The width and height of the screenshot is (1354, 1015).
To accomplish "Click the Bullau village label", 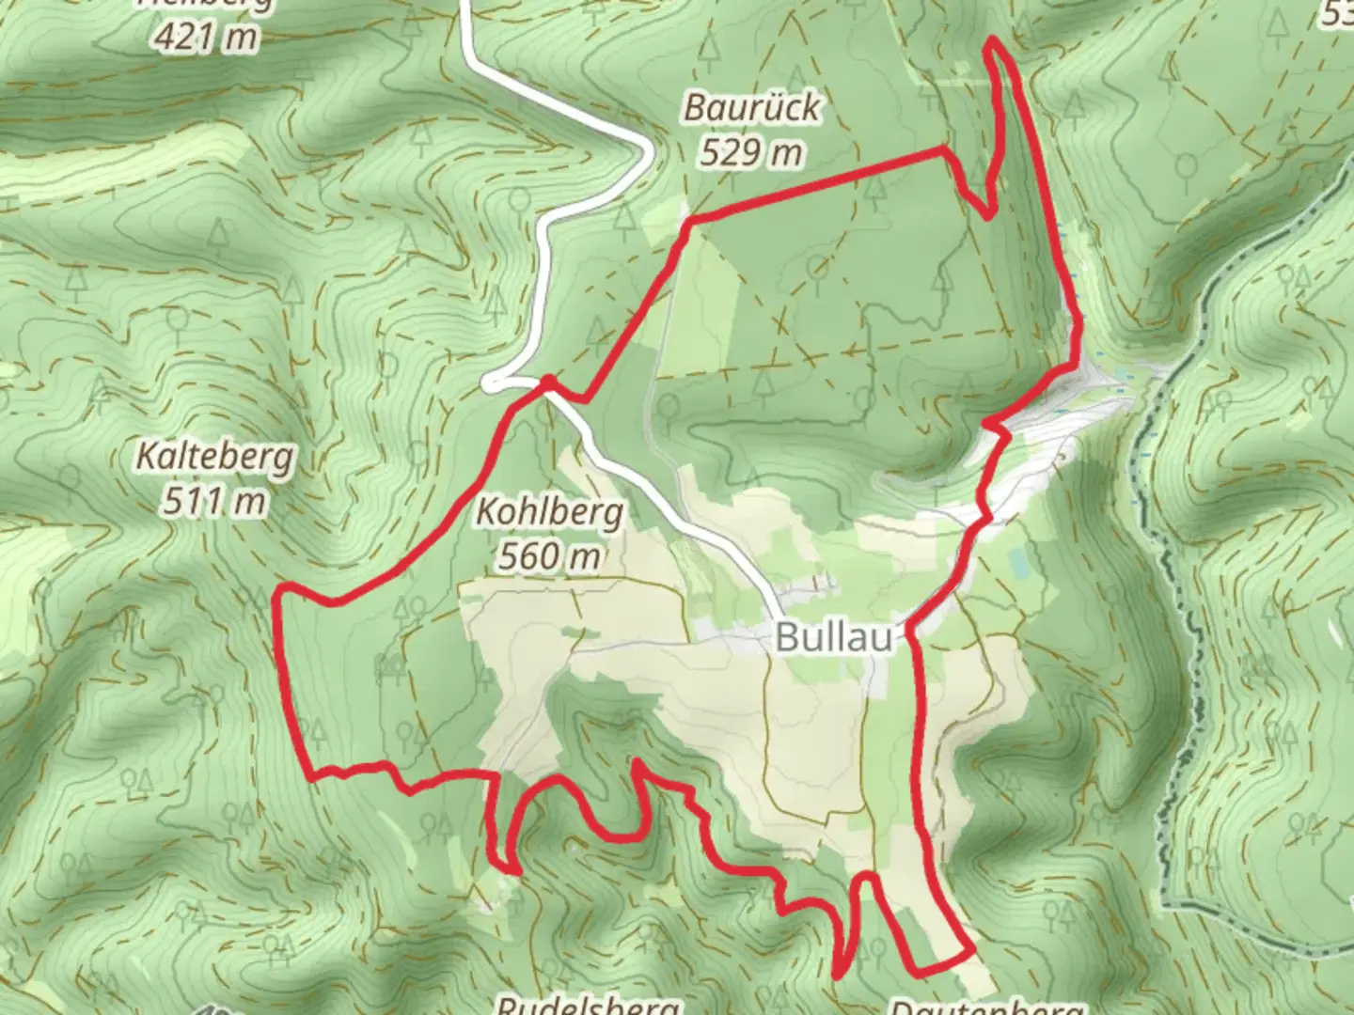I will [834, 638].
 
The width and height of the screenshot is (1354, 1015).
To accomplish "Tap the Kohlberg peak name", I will [550, 512].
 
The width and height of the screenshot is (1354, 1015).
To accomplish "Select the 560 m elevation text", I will [550, 556].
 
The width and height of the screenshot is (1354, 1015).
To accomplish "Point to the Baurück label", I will [751, 107].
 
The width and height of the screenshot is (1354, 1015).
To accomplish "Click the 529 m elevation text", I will [751, 151].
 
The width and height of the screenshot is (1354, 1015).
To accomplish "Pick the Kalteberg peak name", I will [215, 458].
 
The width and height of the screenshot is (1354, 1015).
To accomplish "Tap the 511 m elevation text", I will [215, 501].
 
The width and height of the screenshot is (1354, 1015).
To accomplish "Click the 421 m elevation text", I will [209, 38].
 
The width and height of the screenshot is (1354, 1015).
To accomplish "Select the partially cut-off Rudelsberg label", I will [588, 1006].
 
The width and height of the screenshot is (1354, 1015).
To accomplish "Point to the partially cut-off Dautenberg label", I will [985, 1007].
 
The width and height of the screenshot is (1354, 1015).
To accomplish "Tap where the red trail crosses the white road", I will [546, 383].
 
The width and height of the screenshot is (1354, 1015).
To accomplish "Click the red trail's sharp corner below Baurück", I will [690, 222].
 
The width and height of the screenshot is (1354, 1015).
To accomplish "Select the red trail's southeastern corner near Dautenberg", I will [970, 954].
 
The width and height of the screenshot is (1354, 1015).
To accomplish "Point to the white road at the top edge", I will [464, 8].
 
